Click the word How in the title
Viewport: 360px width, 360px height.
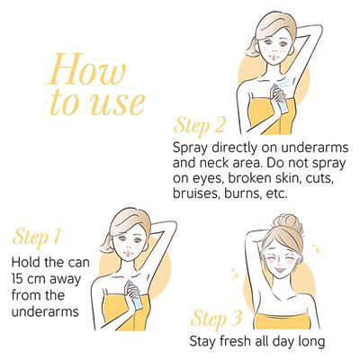pyautogui.click(x=86, y=69)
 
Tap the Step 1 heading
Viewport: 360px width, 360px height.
pyautogui.click(x=37, y=238)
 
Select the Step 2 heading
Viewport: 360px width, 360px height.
pyautogui.click(x=199, y=125)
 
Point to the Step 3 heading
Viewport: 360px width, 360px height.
pyautogui.click(x=216, y=318)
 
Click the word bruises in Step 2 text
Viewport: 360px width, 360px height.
pyautogui.click(x=192, y=193)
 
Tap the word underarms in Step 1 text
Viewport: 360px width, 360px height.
pyautogui.click(x=45, y=312)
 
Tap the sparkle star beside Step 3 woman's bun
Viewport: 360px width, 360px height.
pyautogui.click(x=316, y=248)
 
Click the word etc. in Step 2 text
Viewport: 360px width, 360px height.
pyautogui.click(x=277, y=193)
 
